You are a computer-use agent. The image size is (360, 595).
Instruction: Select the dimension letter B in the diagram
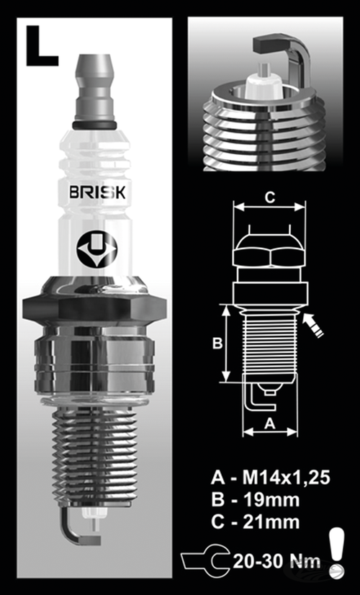(217, 344)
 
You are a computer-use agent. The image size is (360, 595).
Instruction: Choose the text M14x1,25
(284, 478)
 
